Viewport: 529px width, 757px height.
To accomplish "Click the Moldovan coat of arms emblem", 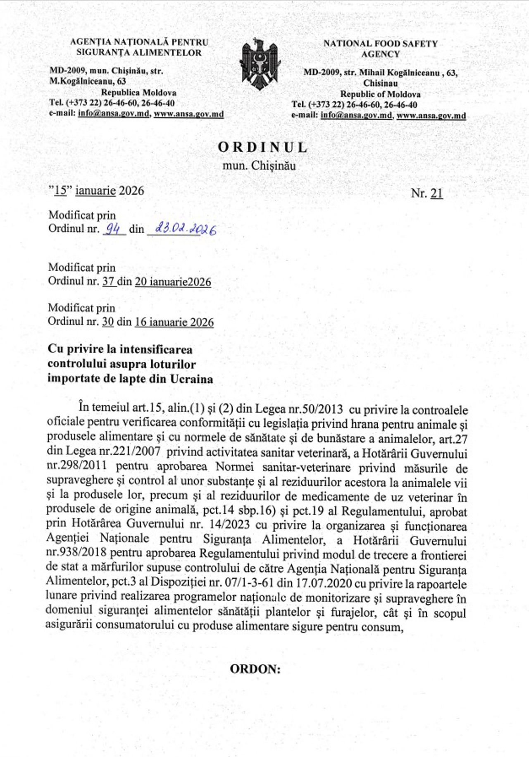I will pos(260,64).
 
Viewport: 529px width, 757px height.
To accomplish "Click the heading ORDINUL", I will pos(263,147).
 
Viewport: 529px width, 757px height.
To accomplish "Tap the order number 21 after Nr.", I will pos(436,193).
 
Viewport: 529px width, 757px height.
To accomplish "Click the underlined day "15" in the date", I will pos(60,191).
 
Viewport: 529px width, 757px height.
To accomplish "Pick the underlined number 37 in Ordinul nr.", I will pos(108,282).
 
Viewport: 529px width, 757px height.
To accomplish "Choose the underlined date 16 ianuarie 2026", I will pos(174,322).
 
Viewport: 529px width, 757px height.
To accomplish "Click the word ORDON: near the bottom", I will pos(255,669).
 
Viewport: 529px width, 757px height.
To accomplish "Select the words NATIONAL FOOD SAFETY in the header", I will pos(380,43).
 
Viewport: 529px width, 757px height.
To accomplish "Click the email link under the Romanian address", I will pos(113,114).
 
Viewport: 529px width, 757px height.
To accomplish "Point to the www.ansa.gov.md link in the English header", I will pos(431,116).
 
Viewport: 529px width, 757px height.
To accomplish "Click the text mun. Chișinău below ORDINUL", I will pos(259,165).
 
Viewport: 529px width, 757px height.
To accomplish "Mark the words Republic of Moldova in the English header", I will pos(380,94).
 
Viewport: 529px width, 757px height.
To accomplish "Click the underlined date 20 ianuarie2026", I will pos(173,282).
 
